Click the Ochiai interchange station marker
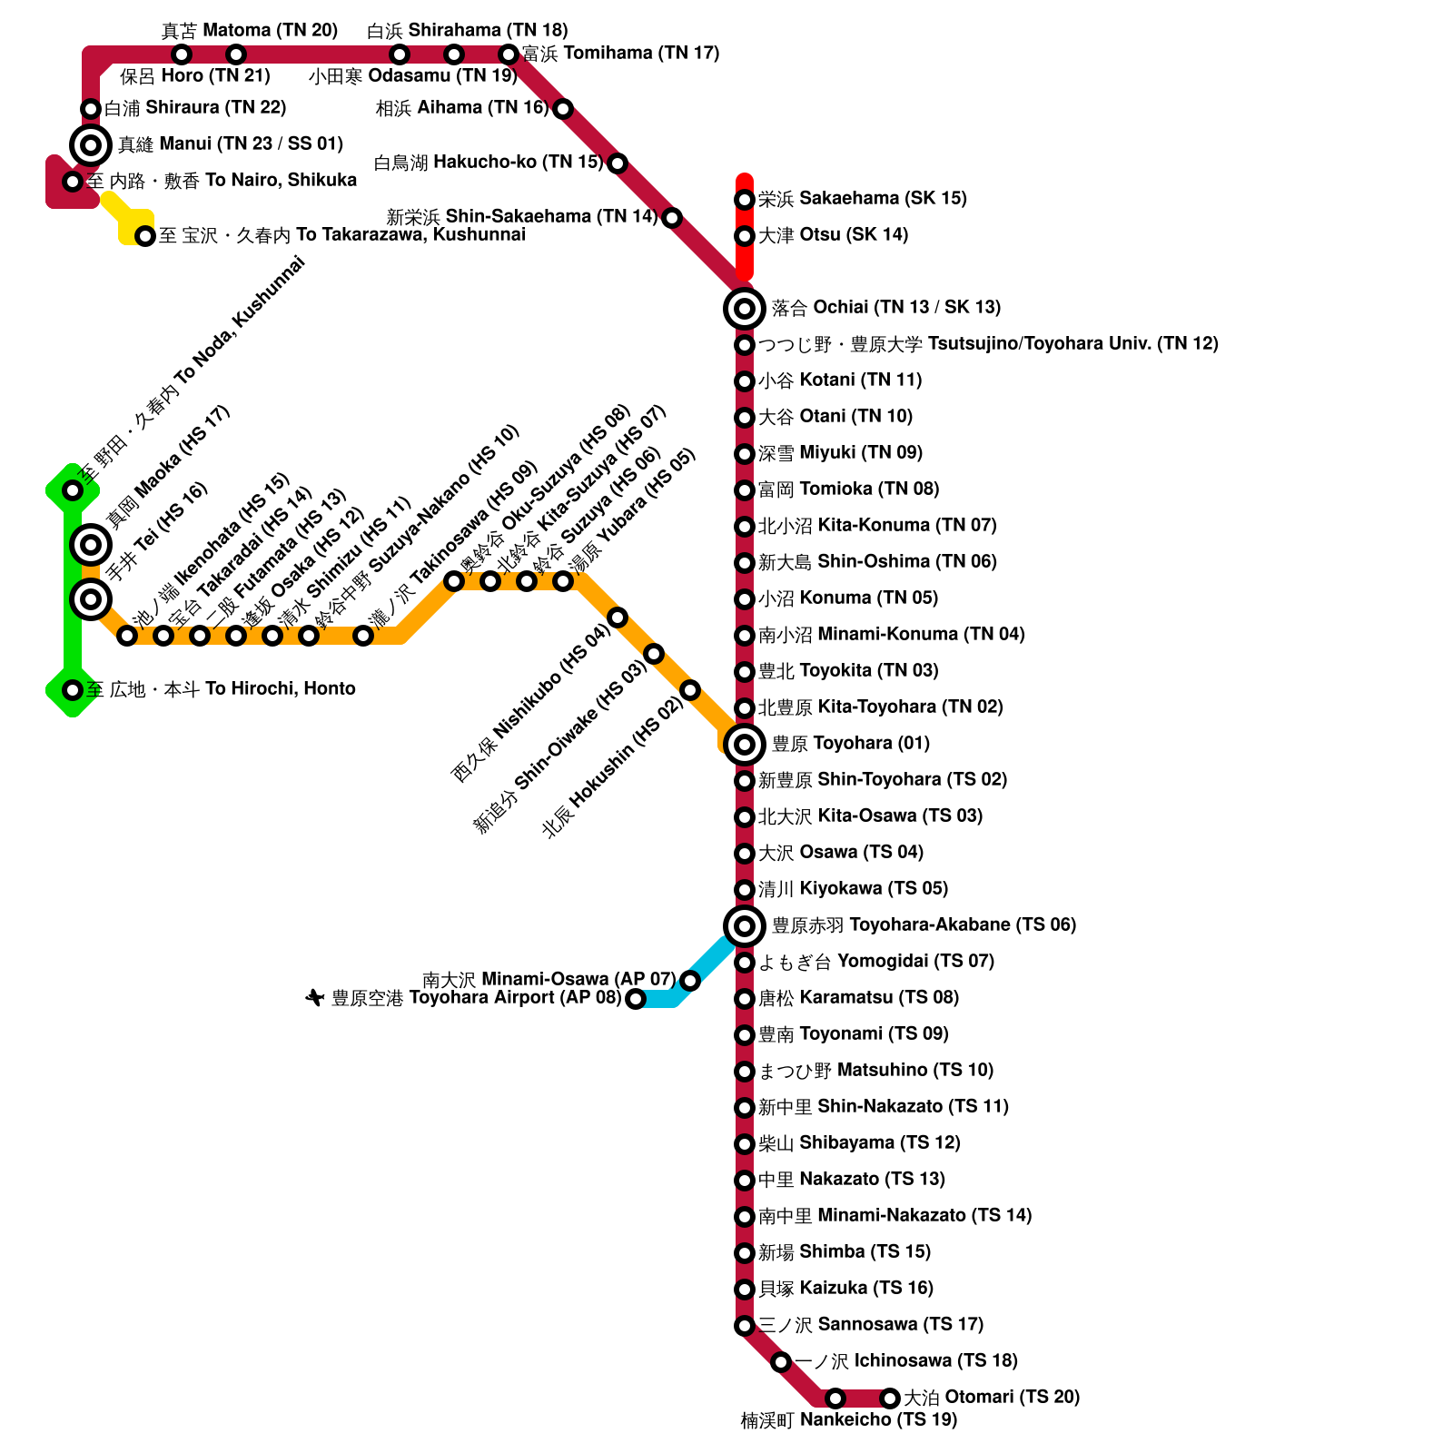744,309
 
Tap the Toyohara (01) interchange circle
744,745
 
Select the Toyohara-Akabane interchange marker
744,926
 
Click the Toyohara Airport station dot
636,999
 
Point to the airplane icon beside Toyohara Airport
315,999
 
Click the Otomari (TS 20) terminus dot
890,1399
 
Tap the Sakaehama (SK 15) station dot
744,200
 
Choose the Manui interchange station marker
91,144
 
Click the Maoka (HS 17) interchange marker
91,545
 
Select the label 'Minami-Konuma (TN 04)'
891,635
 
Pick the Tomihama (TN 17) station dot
509,54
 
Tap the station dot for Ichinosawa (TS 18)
781,1362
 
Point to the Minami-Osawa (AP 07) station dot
690,981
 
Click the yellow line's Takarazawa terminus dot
145,236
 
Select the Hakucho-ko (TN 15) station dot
618,163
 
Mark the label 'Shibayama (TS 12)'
859,1143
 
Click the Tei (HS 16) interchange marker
91,599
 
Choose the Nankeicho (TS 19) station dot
835,1399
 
